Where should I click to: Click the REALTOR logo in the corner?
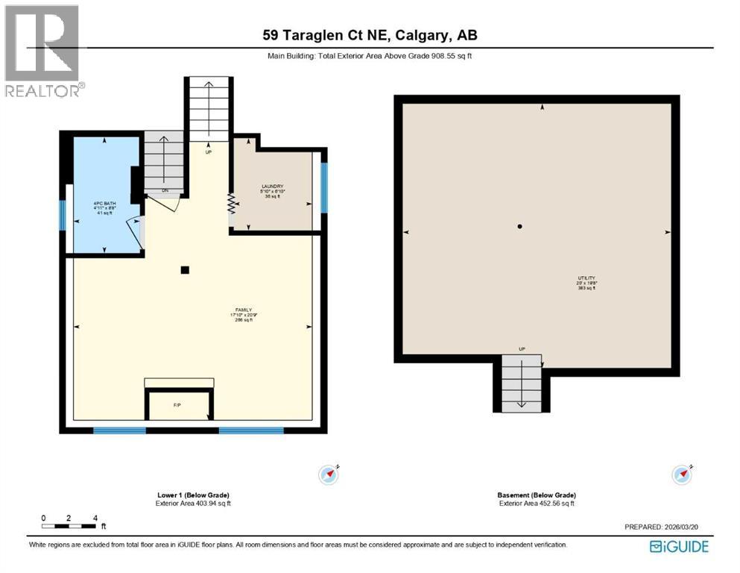click(x=42, y=51)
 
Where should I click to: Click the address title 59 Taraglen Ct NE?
click(x=370, y=35)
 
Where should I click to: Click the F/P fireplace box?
click(x=177, y=405)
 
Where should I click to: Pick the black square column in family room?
click(x=185, y=270)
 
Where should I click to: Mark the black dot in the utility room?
click(x=520, y=226)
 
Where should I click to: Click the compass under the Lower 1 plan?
click(x=329, y=473)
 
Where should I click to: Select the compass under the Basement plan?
click(x=682, y=473)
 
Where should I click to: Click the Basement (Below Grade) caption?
click(x=536, y=495)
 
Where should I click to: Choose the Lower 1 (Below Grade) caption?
click(x=192, y=495)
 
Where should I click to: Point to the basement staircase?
click(x=521, y=383)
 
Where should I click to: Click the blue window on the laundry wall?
click(x=324, y=188)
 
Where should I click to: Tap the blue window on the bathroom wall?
click(x=63, y=216)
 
